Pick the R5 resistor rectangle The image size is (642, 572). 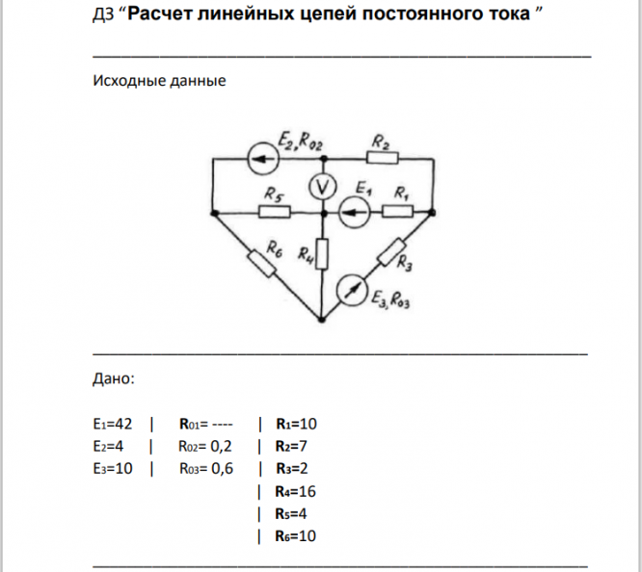coord(275,210)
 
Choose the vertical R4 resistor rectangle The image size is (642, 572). coord(323,254)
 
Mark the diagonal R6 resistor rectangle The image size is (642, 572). coord(264,263)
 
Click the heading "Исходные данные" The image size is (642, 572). coord(159,81)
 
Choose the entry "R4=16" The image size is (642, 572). coord(296,491)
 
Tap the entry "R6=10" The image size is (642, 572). coord(296,536)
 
